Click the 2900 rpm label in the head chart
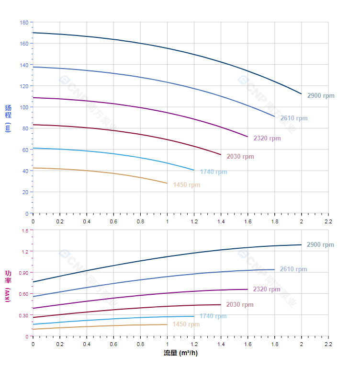[x=320, y=96]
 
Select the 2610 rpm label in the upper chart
[x=293, y=118]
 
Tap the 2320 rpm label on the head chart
[x=267, y=139]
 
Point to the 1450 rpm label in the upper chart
[x=186, y=185]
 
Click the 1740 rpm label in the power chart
[x=213, y=316]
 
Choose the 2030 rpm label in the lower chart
[x=240, y=305]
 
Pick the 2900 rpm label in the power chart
[x=320, y=245]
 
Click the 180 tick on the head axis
[x=24, y=23]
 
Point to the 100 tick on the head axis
[x=24, y=107]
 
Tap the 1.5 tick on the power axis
[x=25, y=231]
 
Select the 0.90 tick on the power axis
[x=24, y=273]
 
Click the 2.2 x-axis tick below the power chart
[x=328, y=344]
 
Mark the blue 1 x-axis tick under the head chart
[x=167, y=221]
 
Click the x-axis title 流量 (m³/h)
[x=180, y=353]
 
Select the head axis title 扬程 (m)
[x=8, y=118]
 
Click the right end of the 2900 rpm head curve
[x=301, y=94]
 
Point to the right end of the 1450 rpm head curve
[x=167, y=183]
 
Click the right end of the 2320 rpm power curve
[x=247, y=289]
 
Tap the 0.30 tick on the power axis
[x=24, y=315]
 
